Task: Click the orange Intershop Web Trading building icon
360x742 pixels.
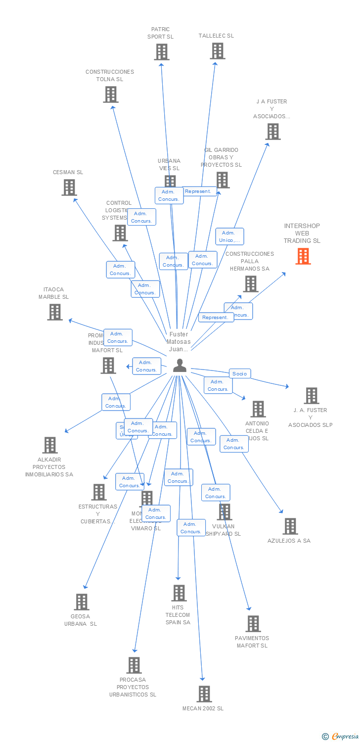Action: [303, 256]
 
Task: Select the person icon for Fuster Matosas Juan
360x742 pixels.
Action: [180, 366]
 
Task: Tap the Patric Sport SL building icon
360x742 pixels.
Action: [161, 52]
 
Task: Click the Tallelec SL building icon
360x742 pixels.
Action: [217, 51]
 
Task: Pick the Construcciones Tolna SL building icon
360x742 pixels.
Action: [111, 94]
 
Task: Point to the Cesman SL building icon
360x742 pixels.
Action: [69, 187]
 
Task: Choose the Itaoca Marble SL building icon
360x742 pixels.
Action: [55, 312]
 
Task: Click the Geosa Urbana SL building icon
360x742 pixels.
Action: [82, 602]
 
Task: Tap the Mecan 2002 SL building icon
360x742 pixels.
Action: [204, 694]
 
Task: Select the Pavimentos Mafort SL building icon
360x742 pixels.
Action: [253, 624]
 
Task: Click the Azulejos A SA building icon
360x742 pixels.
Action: [290, 526]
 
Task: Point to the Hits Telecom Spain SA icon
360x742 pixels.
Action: [179, 593]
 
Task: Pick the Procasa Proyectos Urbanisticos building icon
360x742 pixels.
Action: [134, 665]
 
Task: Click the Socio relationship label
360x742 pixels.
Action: [240, 374]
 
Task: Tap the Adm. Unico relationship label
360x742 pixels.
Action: [229, 236]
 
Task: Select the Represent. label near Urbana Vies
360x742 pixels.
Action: [198, 191]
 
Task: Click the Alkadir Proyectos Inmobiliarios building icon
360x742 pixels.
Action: [50, 445]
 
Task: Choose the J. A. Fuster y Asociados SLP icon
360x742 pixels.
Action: [311, 396]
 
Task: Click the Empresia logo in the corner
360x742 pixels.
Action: [341, 737]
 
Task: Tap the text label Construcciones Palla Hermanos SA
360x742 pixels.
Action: [250, 261]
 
